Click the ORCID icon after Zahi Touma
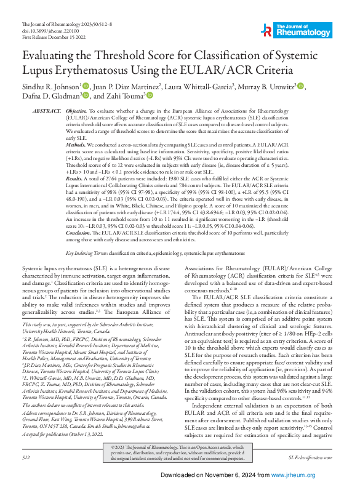point(149,95)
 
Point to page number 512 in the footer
point(25,458)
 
